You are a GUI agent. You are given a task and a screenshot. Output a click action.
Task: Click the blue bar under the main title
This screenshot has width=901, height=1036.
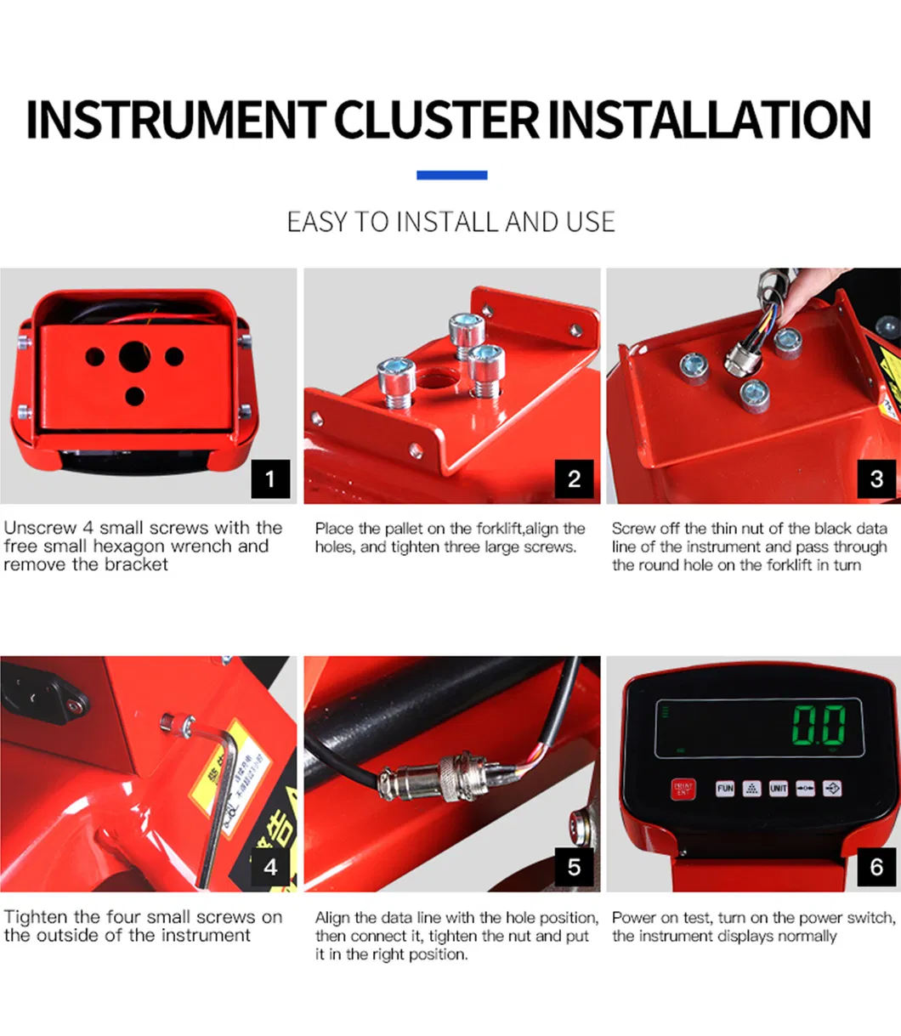451,175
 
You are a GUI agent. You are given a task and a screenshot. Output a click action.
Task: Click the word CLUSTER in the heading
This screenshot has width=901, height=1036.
437,120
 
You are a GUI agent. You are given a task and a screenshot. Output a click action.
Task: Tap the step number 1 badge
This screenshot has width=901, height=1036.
270,478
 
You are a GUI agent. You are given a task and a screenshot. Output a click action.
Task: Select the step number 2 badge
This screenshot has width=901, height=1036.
574,478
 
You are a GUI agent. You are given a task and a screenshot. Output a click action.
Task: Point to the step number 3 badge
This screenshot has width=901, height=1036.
876,478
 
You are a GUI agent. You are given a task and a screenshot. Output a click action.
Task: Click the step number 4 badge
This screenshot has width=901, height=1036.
270,867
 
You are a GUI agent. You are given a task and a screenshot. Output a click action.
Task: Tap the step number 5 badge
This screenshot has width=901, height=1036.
574,867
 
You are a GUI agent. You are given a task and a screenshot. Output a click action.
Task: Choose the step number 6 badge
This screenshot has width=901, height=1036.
876,867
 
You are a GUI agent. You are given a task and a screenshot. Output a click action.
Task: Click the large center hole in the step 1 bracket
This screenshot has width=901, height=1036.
134,357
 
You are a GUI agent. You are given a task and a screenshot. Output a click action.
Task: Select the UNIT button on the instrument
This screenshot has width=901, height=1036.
779,789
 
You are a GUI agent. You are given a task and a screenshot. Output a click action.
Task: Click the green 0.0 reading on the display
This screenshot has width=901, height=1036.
819,724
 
